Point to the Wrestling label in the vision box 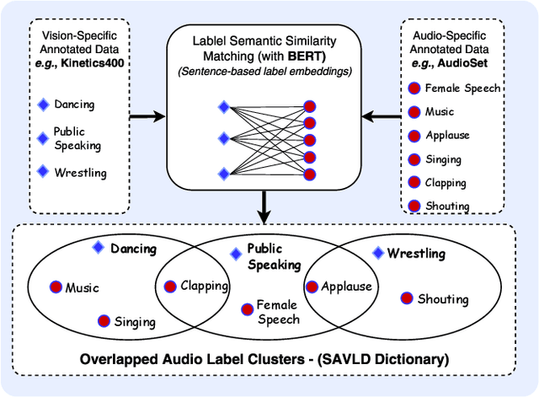(81, 173)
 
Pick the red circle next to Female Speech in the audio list (414, 89)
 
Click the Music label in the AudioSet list (440, 111)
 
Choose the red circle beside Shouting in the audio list (414, 206)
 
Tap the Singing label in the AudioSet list (445, 158)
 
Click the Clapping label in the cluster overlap (205, 286)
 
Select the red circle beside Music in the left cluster (56, 287)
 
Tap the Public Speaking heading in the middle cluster (274, 257)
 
